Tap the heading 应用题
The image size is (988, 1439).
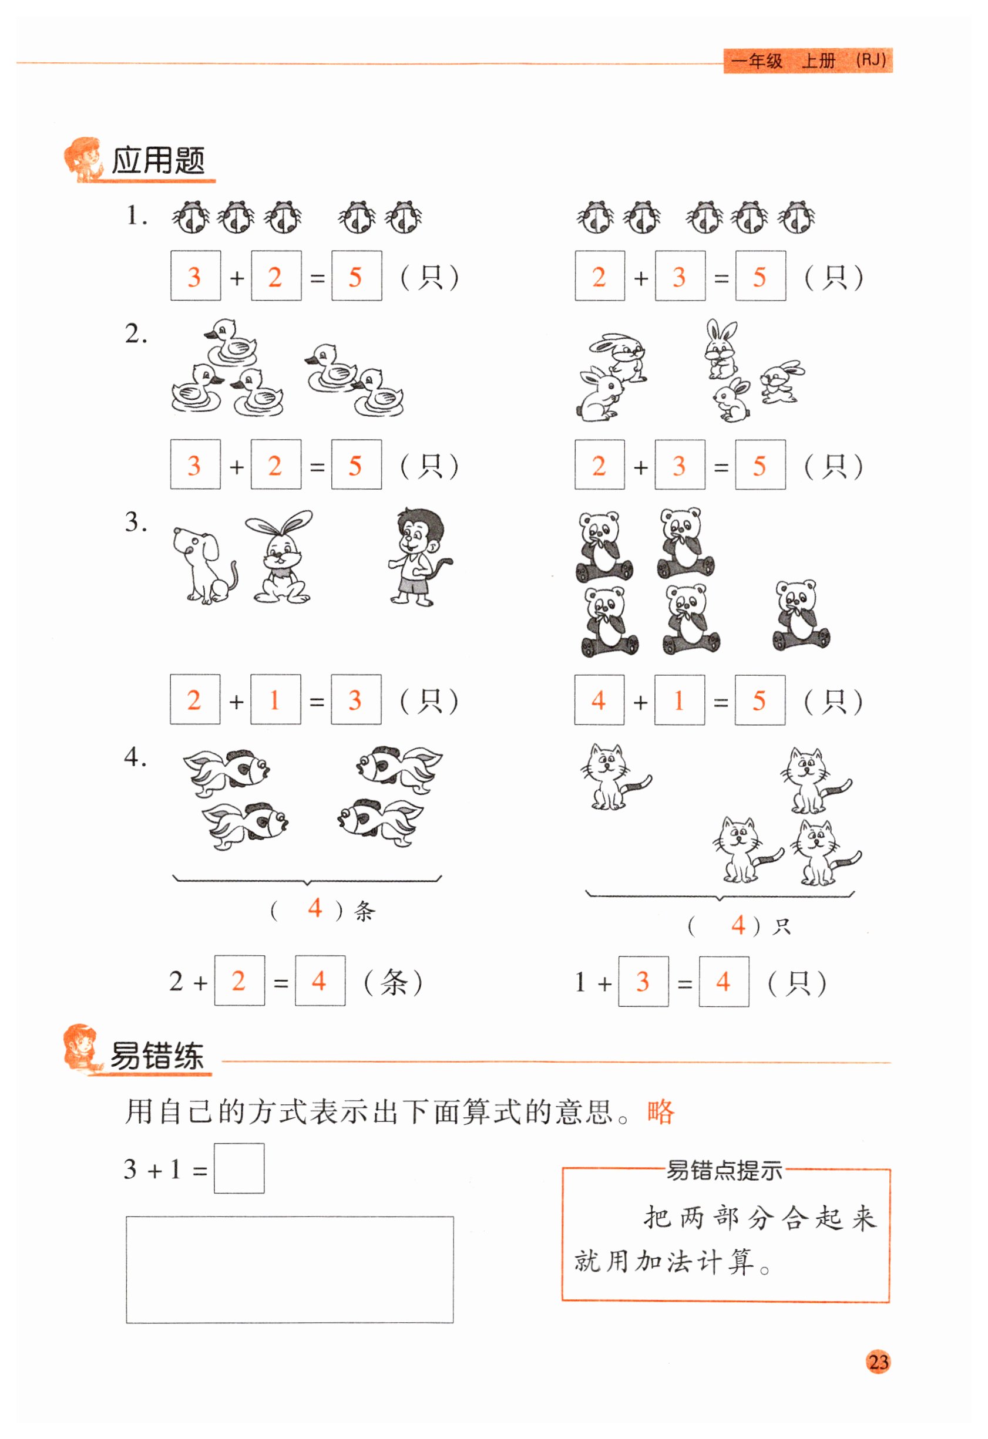click(x=158, y=161)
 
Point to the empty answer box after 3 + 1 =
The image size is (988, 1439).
click(x=239, y=1168)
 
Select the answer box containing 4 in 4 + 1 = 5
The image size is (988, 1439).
click(x=599, y=700)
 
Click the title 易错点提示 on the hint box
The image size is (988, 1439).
click(x=724, y=1171)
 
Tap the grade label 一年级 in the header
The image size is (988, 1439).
click(x=757, y=61)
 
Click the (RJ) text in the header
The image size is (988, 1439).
click(x=871, y=60)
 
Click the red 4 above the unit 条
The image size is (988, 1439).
click(x=315, y=908)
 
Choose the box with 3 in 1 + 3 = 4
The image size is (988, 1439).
click(x=643, y=982)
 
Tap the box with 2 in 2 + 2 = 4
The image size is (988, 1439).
click(x=240, y=981)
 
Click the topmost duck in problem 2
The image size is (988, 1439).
click(x=230, y=342)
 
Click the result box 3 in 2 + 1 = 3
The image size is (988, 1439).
click(x=356, y=700)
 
